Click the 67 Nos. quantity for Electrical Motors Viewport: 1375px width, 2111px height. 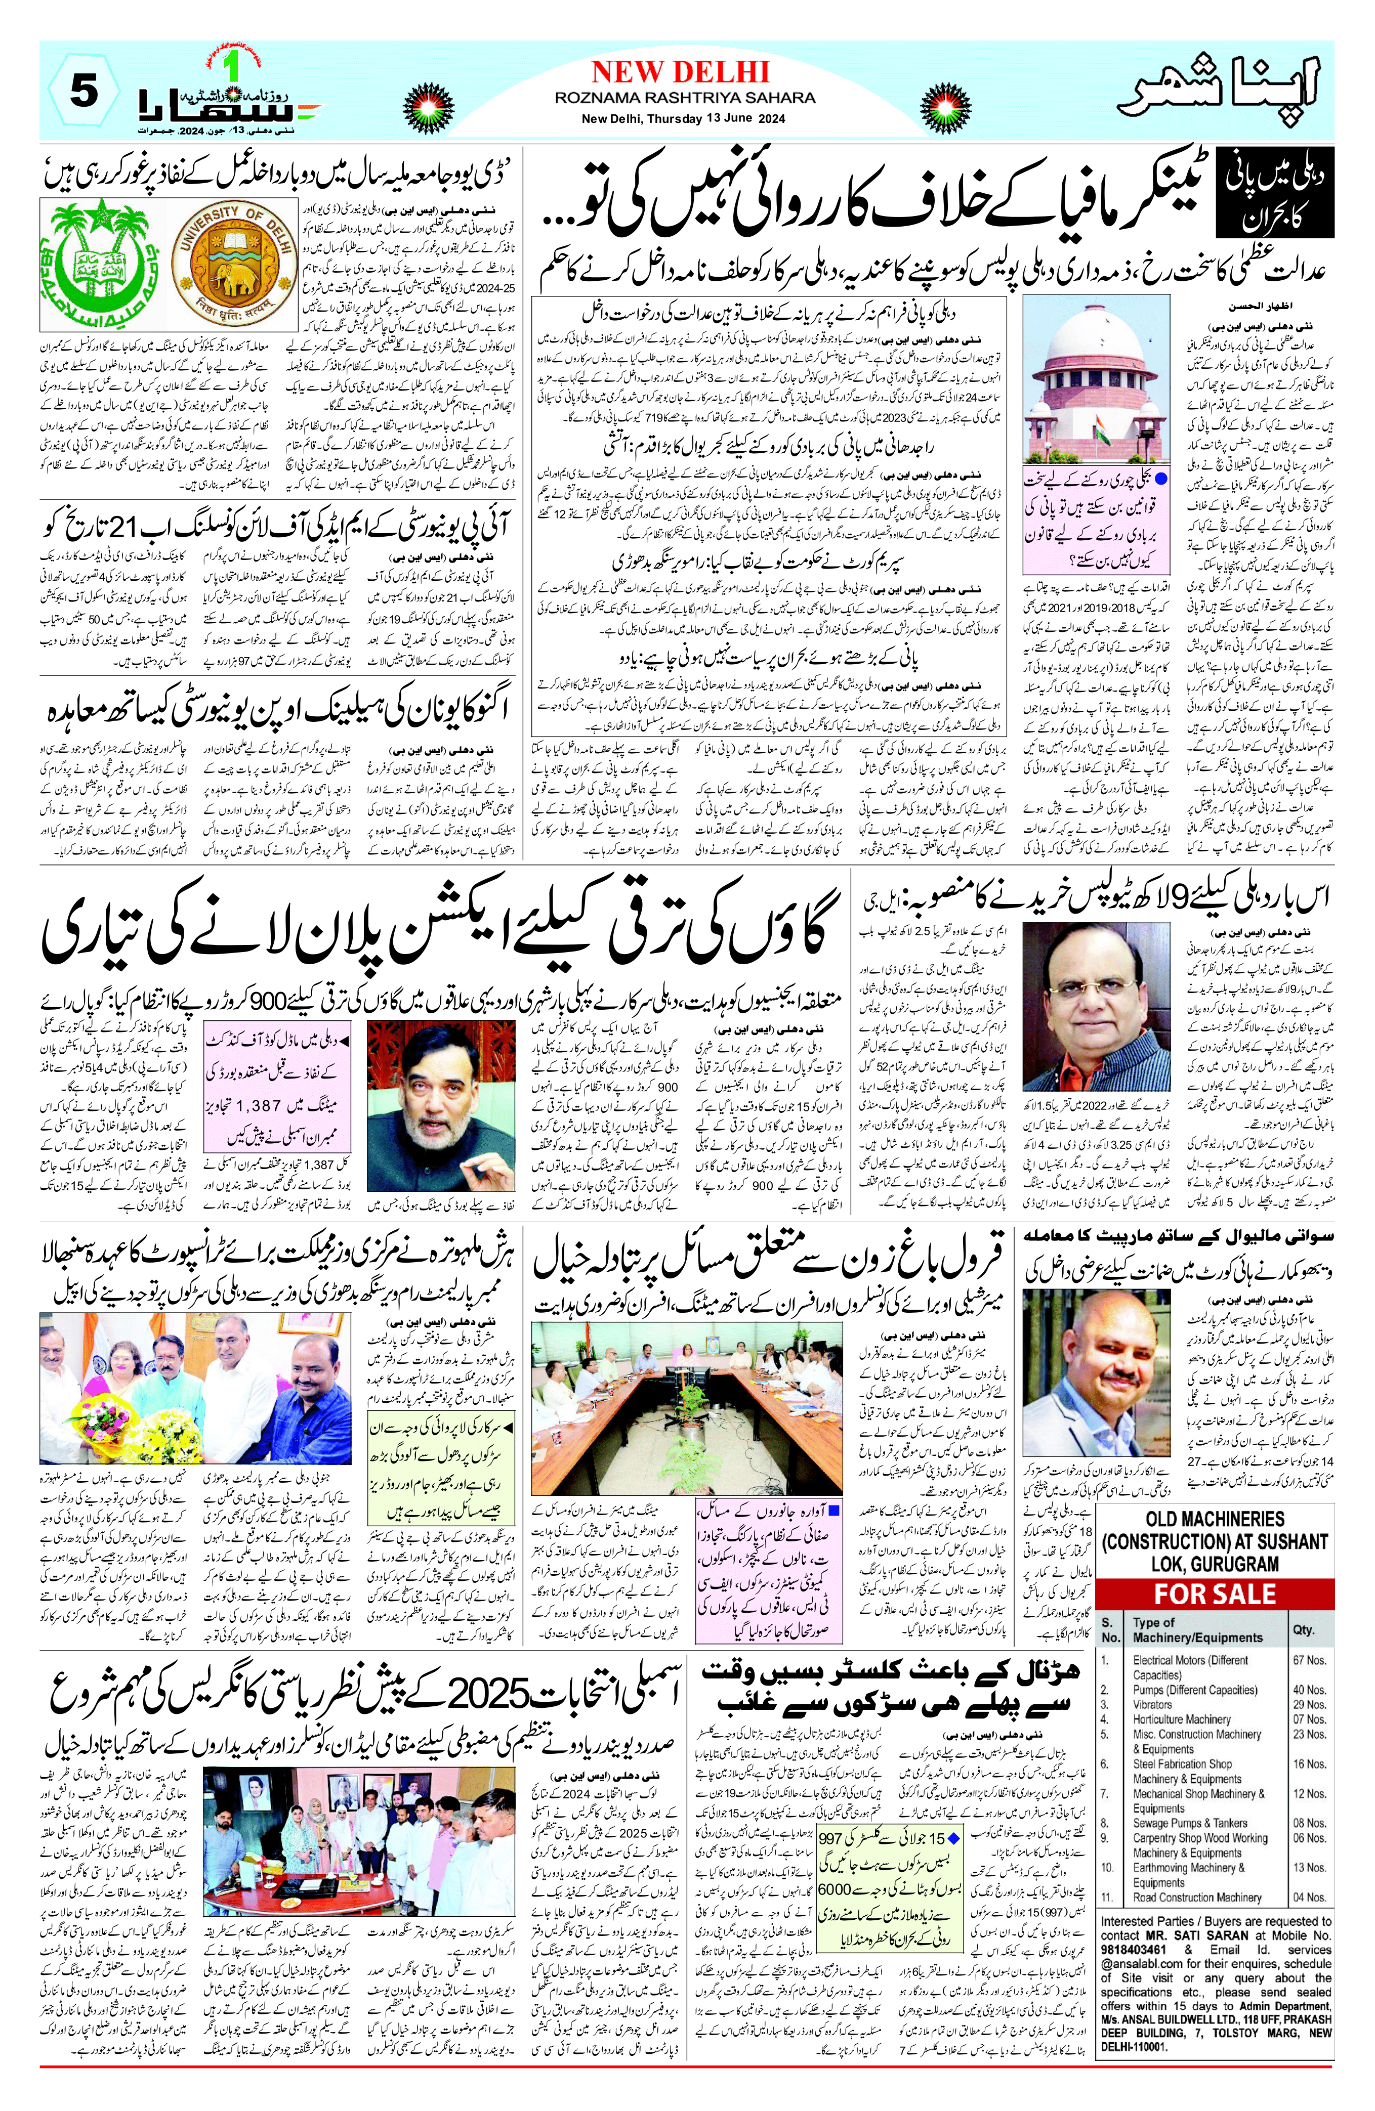click(x=1309, y=1660)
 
